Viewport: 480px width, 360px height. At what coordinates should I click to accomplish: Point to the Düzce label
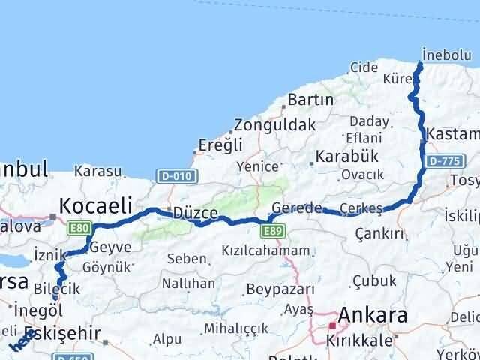click(194, 213)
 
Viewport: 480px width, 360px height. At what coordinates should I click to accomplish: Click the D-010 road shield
click(178, 175)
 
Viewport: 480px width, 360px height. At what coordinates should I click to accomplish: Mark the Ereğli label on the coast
click(220, 145)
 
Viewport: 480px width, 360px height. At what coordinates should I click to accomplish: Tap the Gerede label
click(298, 208)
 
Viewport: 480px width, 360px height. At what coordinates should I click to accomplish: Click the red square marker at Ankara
click(332, 325)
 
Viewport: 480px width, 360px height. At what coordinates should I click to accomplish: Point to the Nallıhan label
click(189, 283)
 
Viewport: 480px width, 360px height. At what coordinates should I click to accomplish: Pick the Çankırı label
click(381, 233)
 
